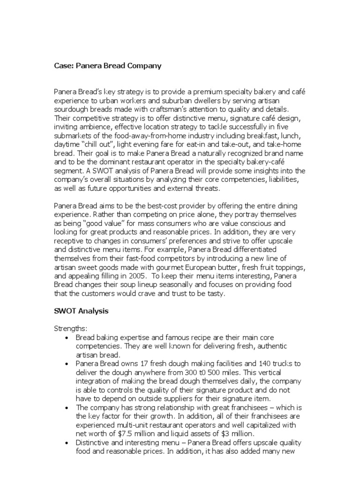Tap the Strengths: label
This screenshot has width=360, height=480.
click(x=70, y=329)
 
